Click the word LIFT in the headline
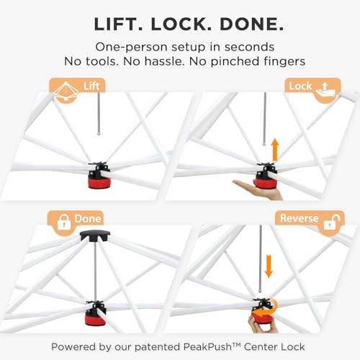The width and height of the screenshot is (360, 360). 118,24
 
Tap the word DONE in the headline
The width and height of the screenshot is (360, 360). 252,24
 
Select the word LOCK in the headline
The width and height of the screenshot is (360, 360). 181,24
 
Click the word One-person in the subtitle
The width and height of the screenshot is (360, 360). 131,47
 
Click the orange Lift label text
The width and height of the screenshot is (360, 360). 91,86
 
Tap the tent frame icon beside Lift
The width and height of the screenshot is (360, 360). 66,91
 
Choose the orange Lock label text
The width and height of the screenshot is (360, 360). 300,86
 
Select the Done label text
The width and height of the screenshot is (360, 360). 88,219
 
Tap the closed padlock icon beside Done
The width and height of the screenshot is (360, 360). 64,222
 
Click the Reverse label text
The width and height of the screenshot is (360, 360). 300,218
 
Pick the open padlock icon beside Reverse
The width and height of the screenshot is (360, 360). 332,222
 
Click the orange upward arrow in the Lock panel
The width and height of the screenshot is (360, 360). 275,150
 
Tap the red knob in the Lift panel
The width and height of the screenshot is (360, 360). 99,182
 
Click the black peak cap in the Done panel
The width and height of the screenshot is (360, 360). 95,236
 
